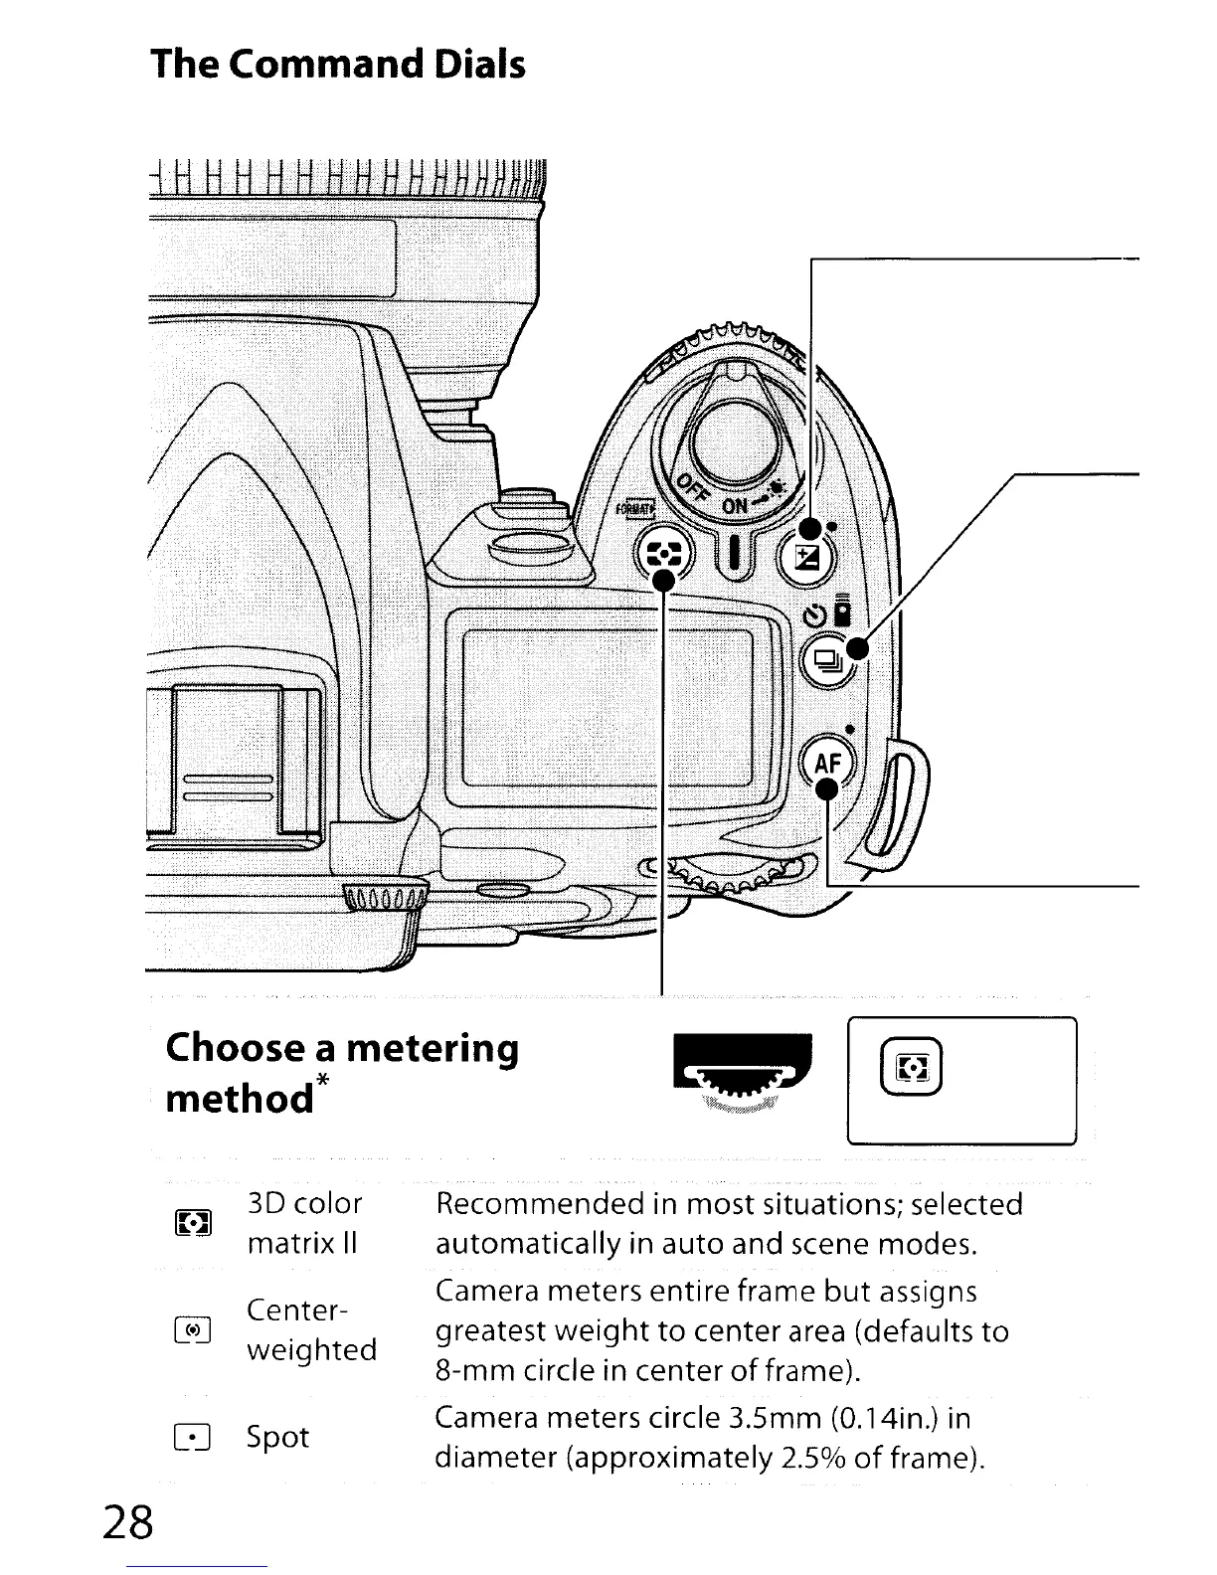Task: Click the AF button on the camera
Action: (827, 763)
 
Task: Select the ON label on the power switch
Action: (735, 506)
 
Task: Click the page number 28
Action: (126, 1521)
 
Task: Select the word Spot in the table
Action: (277, 1437)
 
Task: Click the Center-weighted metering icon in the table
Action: (192, 1329)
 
